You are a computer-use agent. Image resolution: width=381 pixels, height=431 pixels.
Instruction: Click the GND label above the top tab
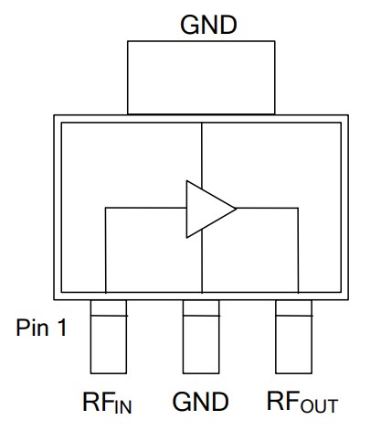pos(208,25)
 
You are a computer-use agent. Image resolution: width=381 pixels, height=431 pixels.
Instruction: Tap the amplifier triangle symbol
pos(206,208)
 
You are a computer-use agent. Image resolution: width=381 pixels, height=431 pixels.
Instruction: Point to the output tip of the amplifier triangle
pos(236,208)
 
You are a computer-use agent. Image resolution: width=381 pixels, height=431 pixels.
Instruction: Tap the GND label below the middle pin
pos(200,402)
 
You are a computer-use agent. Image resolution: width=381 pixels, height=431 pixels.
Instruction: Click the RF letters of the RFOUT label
pos(283,402)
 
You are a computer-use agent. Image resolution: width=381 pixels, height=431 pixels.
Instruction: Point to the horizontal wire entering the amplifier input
pos(146,208)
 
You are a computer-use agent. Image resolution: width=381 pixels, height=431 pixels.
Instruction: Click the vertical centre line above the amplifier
pos(201,151)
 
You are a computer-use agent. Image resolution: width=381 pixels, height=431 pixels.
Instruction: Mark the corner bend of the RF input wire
pos(107,208)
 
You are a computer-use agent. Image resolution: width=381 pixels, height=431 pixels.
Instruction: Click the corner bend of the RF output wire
pos(298,208)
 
